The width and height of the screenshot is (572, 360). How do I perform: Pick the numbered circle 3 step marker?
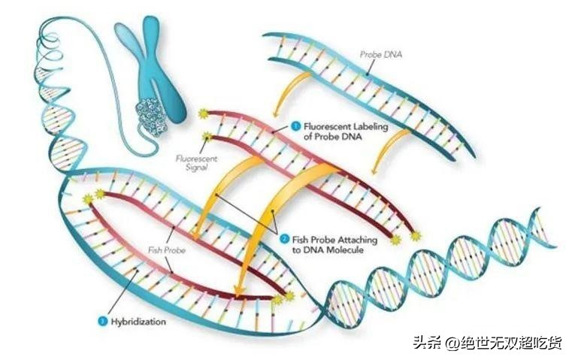[102, 322]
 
